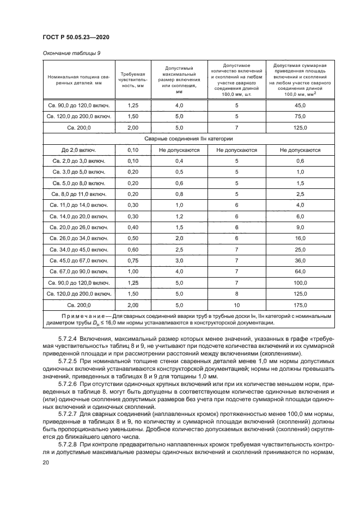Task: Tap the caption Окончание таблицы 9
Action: (71, 53)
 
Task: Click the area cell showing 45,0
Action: (300, 105)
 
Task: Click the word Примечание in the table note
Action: (86, 315)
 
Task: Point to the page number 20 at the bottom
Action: (45, 462)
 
